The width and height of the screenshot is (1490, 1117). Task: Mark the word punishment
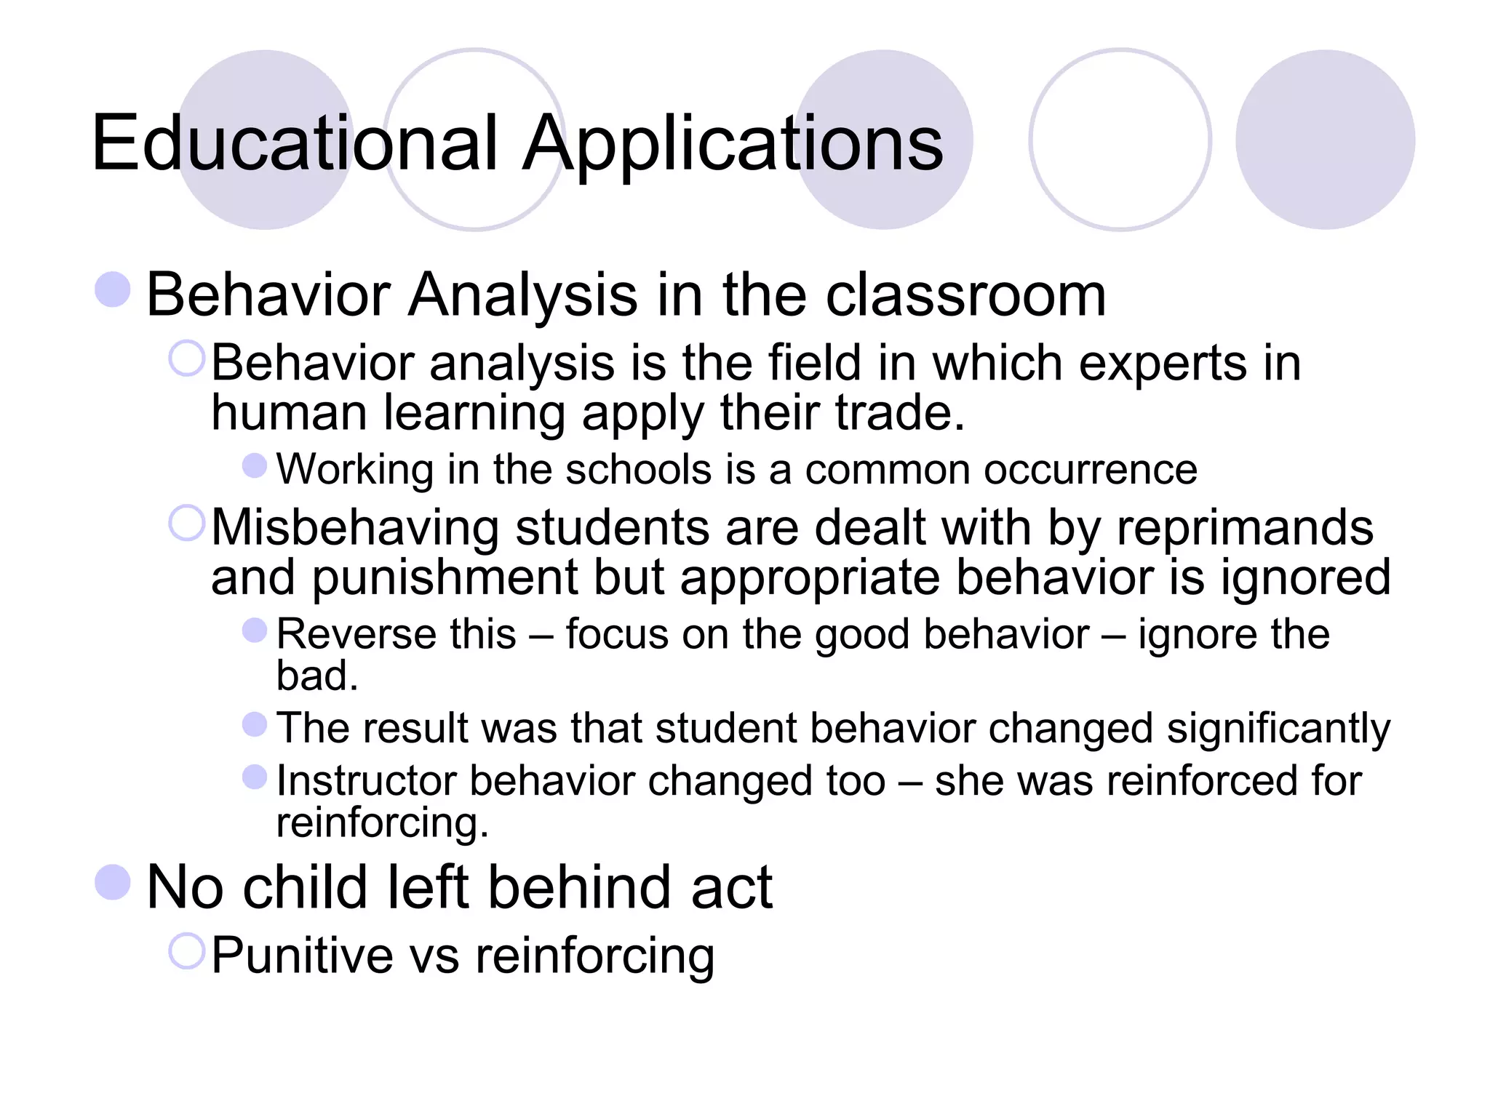pos(445,577)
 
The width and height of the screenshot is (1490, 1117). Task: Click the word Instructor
pos(365,781)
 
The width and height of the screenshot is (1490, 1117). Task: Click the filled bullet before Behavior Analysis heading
pos(113,289)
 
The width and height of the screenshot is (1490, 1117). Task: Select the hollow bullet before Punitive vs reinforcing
pos(187,950)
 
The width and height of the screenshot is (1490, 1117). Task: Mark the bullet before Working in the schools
pos(255,465)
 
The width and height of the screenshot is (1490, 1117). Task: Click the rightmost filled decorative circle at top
pos(1325,140)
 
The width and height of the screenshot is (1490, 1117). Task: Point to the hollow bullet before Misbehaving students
pos(187,523)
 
